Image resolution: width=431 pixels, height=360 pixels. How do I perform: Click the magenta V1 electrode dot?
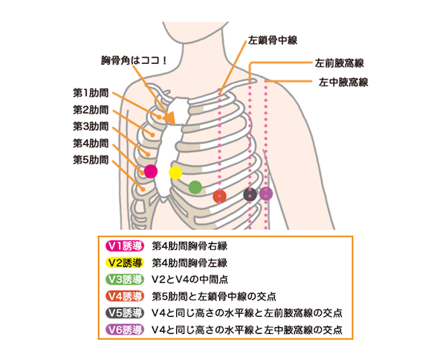click(151, 171)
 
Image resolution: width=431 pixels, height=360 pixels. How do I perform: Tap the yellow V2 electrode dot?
click(175, 173)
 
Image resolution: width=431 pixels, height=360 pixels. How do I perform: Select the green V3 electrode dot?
click(195, 187)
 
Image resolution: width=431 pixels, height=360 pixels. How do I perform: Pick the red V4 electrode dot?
click(220, 196)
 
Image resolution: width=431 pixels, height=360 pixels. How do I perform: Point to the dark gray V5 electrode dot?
click(250, 194)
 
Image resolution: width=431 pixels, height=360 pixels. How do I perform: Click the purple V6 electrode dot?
click(266, 193)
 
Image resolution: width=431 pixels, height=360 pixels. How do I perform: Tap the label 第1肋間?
click(91, 93)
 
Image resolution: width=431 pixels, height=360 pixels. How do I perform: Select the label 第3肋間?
click(91, 126)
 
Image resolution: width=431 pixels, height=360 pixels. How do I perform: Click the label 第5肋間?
click(91, 160)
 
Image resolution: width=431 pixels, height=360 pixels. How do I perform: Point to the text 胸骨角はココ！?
click(134, 60)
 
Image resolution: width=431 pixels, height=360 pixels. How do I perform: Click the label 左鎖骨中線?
click(273, 40)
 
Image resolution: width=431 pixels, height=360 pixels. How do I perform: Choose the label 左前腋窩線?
click(340, 63)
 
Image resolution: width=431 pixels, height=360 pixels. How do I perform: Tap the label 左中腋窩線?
click(343, 83)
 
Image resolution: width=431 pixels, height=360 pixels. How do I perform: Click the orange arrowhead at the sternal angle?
click(170, 118)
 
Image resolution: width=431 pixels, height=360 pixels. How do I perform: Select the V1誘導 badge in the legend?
click(125, 246)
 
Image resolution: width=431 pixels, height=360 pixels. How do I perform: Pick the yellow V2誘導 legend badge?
click(125, 263)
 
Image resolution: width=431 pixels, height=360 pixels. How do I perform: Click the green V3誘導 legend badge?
click(125, 280)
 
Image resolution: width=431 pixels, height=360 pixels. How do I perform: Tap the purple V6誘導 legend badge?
click(125, 330)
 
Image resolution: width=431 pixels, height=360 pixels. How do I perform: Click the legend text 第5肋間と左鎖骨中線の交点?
click(214, 297)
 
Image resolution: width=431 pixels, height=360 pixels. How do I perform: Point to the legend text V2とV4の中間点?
click(190, 280)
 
